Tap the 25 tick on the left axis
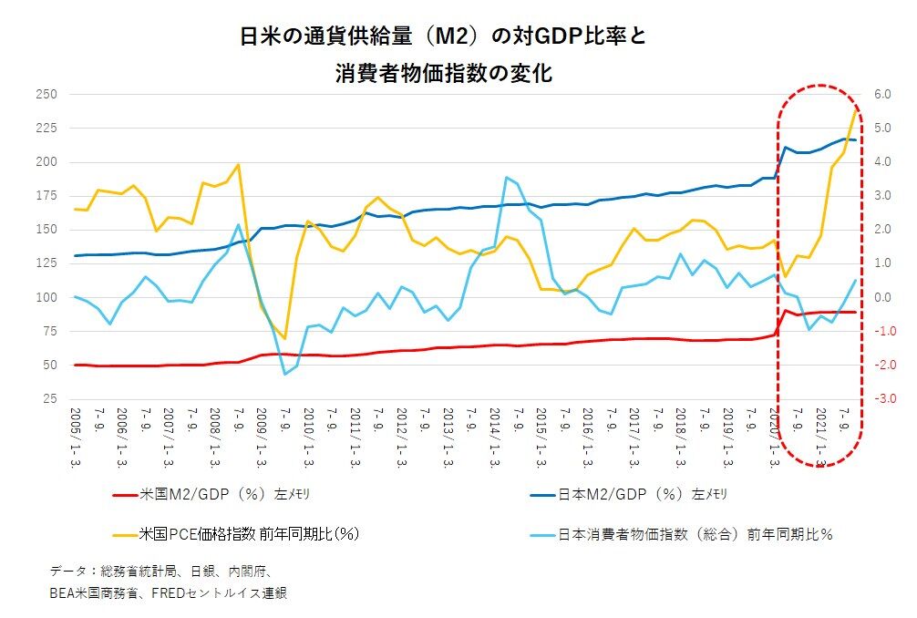coord(49,399)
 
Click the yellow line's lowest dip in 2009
coord(284,338)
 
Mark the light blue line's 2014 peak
coord(506,178)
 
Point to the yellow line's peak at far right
coord(855,109)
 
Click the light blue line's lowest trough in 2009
coord(284,374)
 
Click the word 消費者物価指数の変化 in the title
coord(444,74)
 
